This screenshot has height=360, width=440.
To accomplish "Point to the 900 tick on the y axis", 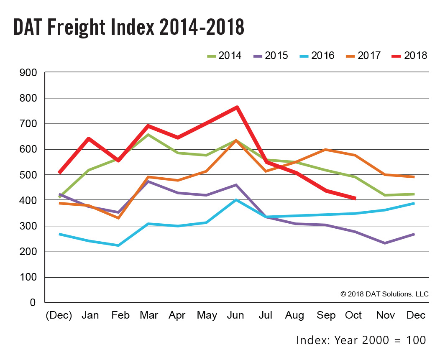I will pos(28,73).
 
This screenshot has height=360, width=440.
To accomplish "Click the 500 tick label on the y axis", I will pos(28,175).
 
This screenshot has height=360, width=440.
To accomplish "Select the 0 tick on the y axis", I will pos(33,302).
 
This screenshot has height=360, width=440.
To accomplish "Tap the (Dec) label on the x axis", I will pos(59,315).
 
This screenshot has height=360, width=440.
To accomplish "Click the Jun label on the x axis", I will pos(235,315).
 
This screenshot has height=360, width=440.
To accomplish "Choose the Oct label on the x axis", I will pos(353,315).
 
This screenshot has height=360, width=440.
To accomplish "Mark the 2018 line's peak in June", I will pos(237,107).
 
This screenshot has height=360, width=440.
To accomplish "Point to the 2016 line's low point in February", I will pos(118,245).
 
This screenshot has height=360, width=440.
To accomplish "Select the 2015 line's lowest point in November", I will pos(384,243).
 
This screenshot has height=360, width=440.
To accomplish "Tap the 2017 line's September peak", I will pos(325,150).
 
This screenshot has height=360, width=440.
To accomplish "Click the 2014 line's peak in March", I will pos(148,135).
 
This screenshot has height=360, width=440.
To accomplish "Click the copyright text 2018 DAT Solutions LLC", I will pos(384,294).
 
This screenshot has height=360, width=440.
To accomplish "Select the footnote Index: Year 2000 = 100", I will pos(361,340).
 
